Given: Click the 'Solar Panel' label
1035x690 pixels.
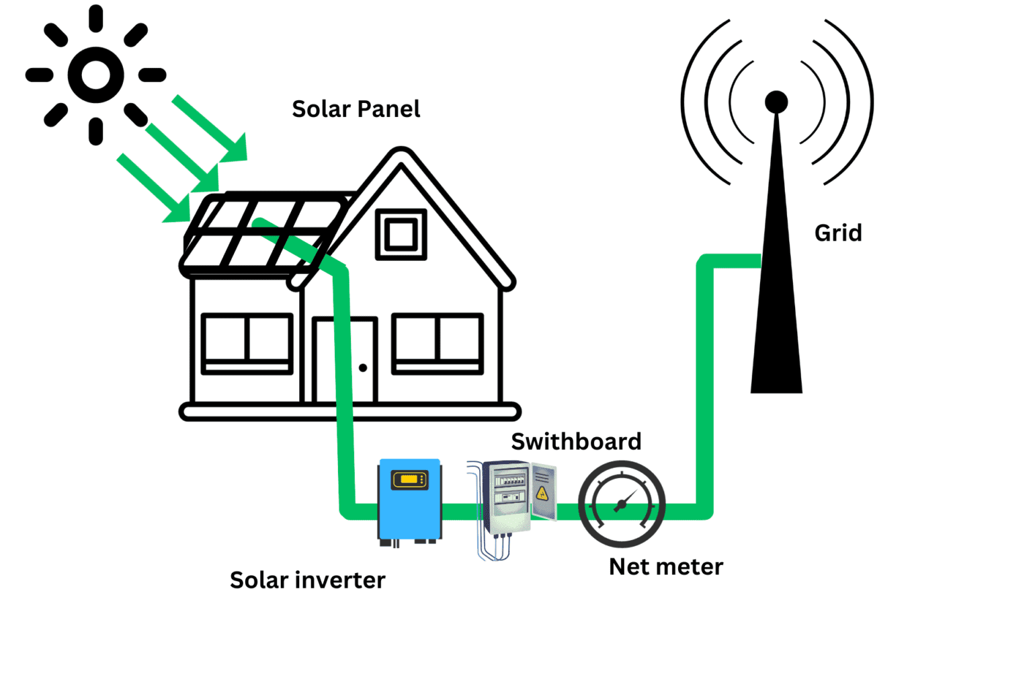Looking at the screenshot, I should (x=356, y=109).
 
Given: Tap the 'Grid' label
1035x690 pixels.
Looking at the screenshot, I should (x=837, y=233).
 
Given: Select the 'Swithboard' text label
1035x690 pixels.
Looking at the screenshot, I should (x=576, y=441).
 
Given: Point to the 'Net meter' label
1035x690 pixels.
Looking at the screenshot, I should (x=665, y=567).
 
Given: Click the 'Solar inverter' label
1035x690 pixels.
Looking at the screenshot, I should (x=307, y=580).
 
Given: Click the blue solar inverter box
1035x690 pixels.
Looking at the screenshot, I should (x=409, y=501).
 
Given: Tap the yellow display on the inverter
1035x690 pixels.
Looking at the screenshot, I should (x=409, y=480).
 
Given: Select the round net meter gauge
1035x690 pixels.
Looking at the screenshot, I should (x=622, y=504).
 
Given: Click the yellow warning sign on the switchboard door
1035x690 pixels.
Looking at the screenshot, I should (x=542, y=494).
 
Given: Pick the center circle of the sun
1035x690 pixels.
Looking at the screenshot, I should (x=95, y=75).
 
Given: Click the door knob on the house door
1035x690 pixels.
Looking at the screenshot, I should (x=363, y=368).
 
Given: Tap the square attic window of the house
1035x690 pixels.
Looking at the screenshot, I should (x=401, y=235).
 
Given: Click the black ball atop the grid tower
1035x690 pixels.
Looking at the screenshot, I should (x=776, y=102).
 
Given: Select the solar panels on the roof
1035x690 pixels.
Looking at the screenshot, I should (x=262, y=232).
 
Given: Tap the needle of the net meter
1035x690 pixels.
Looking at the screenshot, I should (x=625, y=502).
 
